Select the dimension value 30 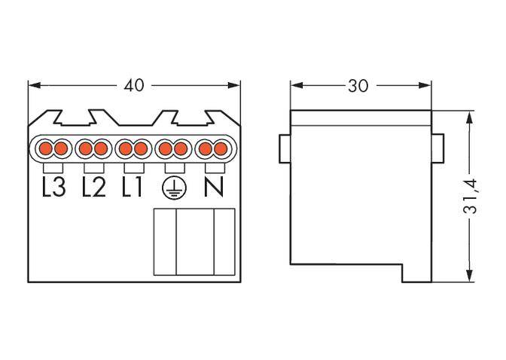(x=358, y=85)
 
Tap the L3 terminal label (x=54, y=187)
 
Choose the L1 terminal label (x=132, y=187)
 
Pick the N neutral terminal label (x=213, y=187)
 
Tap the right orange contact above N (x=220, y=148)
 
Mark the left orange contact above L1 (x=124, y=148)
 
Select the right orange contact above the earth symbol (x=181, y=148)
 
